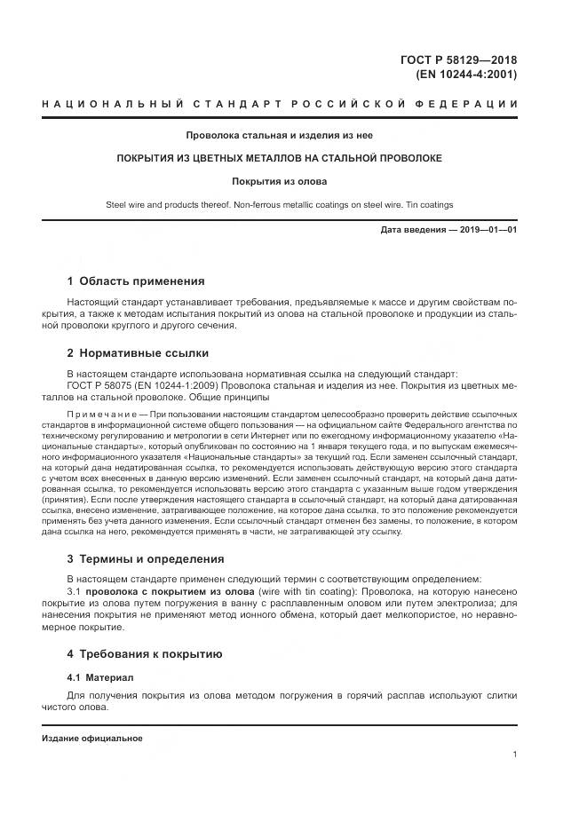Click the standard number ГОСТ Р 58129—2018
(458, 60)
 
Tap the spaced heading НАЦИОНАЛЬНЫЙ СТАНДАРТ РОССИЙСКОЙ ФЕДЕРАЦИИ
(280, 105)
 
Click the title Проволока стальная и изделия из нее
(279, 136)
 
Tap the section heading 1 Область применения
(136, 281)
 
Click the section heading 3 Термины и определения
(146, 559)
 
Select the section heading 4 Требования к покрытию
(144, 654)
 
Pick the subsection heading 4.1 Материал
(100, 677)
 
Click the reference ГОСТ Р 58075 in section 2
(100, 386)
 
